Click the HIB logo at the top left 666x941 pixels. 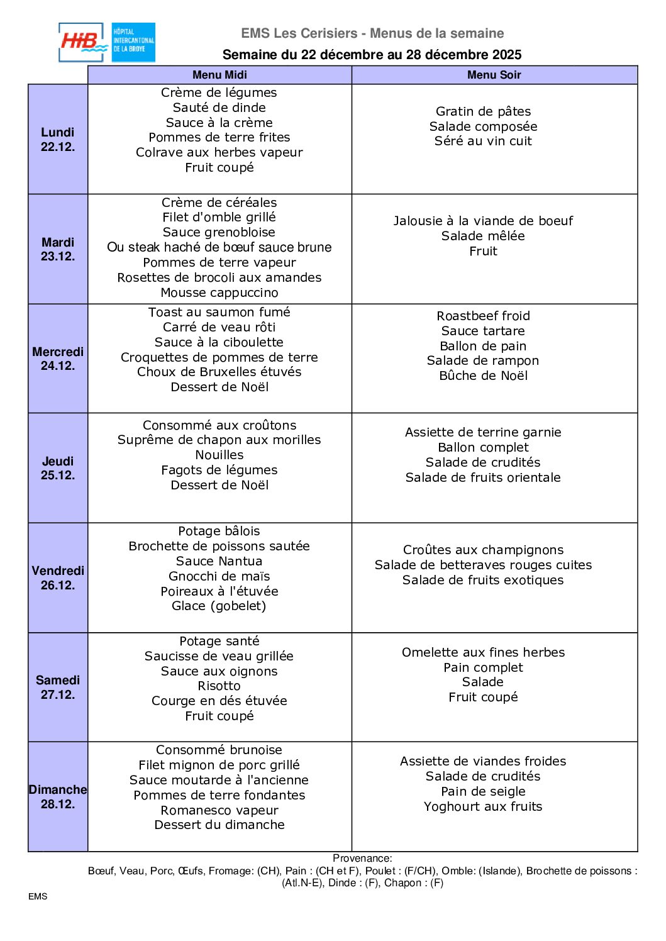(106, 43)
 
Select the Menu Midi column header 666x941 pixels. (219, 75)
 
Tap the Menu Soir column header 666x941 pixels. (494, 75)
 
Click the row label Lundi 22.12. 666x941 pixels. (58, 139)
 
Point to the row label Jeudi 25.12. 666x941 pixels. (58, 468)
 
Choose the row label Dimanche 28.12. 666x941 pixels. (58, 796)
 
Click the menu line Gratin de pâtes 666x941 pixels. (483, 111)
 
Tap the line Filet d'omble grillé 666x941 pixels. (219, 217)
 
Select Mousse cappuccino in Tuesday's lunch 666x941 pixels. (219, 292)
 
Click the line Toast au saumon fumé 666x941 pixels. (219, 312)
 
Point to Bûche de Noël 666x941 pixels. (483, 376)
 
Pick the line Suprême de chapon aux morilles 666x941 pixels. (219, 440)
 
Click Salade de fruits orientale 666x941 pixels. (483, 477)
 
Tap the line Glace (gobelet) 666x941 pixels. (219, 606)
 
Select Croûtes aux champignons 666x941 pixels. (483, 550)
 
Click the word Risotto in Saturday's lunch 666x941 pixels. (219, 686)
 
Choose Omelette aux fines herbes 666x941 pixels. (483, 652)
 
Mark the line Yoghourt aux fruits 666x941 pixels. (483, 806)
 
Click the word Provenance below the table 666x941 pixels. (362, 858)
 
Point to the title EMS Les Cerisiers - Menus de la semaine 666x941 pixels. (372, 33)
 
